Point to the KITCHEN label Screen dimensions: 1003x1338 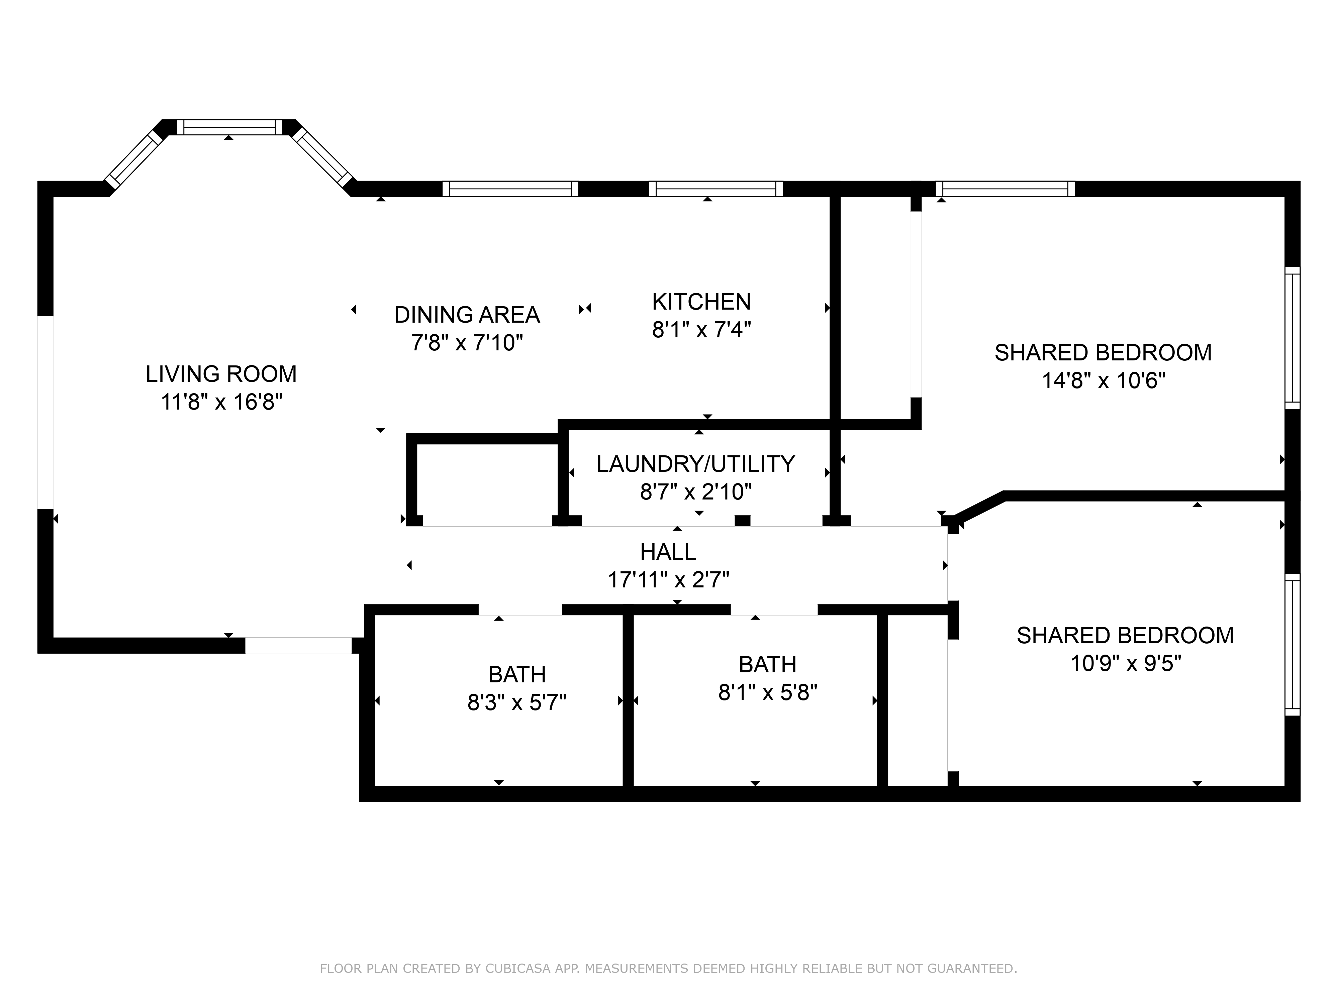point(701,302)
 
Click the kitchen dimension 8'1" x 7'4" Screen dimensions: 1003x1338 point(701,330)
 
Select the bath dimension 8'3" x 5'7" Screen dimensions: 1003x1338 point(516,702)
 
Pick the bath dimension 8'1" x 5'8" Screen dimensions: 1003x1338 point(767,692)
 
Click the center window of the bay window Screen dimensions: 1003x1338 point(229,127)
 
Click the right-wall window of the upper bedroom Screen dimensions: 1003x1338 point(1292,338)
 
